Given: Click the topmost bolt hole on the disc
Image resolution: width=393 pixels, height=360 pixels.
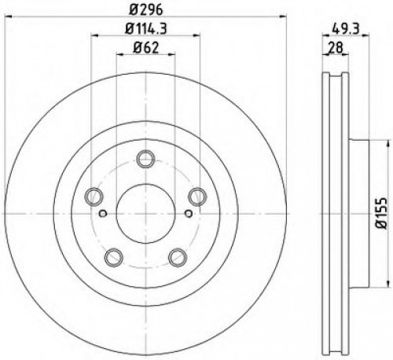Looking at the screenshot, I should [144, 160].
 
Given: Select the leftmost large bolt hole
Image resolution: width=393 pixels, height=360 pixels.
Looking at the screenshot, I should [93, 196].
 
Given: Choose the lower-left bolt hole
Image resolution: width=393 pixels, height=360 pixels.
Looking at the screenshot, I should [112, 255].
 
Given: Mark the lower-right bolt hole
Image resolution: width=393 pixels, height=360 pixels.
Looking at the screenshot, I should [176, 255].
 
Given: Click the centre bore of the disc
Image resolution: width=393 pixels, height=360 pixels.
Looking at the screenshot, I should [144, 211].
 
